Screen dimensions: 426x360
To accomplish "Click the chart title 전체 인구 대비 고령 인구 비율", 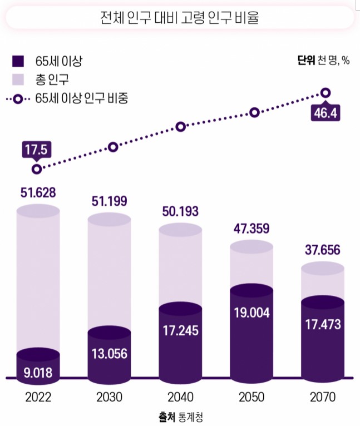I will click(x=179, y=18).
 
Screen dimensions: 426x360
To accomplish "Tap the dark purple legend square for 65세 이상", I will click(x=18, y=61).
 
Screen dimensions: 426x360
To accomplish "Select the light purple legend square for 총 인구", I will click(x=18, y=80).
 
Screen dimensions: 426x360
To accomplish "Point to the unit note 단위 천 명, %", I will click(x=323, y=61).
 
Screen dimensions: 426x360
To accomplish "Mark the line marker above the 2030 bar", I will click(x=114, y=147).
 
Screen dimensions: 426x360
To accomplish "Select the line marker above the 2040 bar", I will click(x=181, y=127).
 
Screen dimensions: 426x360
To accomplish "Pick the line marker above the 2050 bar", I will click(x=254, y=112).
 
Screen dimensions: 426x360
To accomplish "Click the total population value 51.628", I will click(x=38, y=192).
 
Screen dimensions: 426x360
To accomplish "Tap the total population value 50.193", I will click(x=180, y=212).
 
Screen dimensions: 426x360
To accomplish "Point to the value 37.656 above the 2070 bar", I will click(x=323, y=250).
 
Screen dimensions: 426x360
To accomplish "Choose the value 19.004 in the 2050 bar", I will click(x=251, y=313).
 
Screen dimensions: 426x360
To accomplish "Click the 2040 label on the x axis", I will click(x=179, y=397).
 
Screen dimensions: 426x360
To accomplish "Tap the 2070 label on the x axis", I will click(x=323, y=397).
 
